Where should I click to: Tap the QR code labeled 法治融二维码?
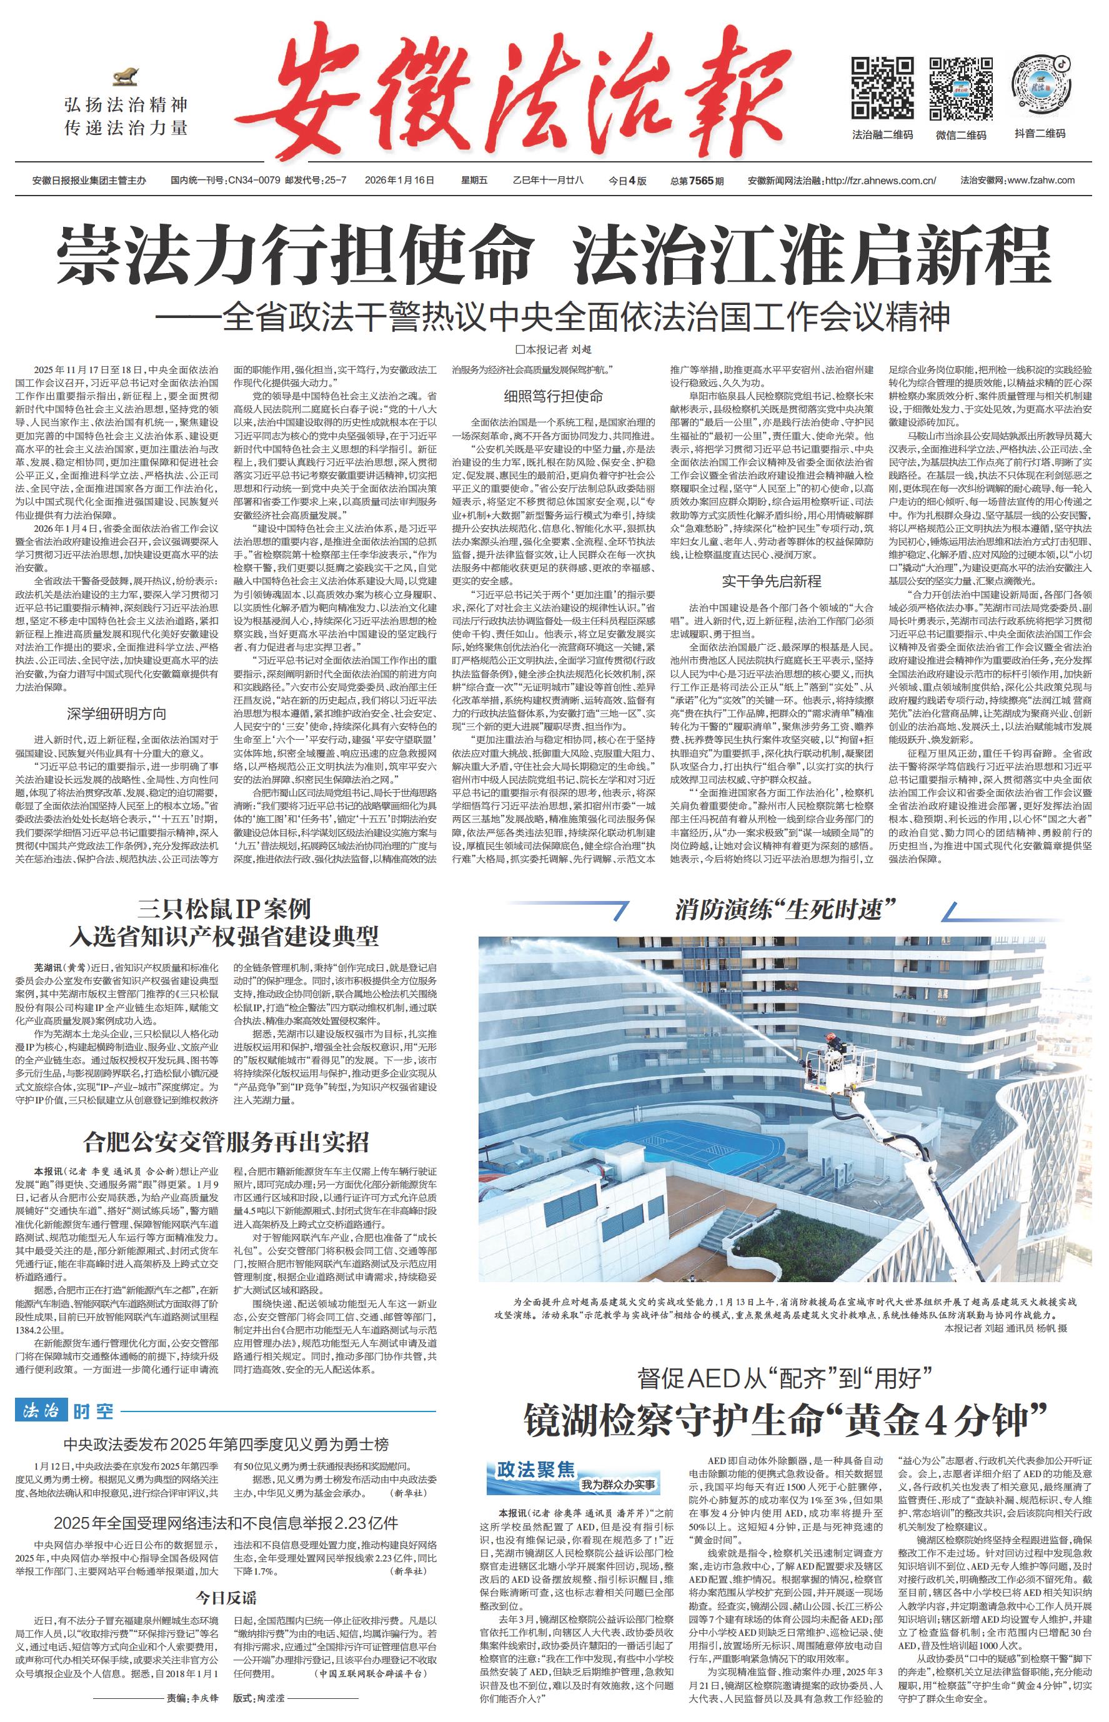point(882,88)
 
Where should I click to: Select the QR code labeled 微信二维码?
point(961,88)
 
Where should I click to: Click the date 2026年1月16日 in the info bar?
point(400,180)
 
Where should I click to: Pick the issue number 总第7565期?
point(697,180)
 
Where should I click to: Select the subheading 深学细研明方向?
point(117,714)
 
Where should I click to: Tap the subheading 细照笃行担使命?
point(553,396)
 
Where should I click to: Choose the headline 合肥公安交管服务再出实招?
point(226,1142)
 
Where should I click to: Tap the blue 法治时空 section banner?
point(64,1410)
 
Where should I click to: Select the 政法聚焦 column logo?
point(569,1475)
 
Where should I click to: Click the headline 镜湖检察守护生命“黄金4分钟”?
point(784,1419)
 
